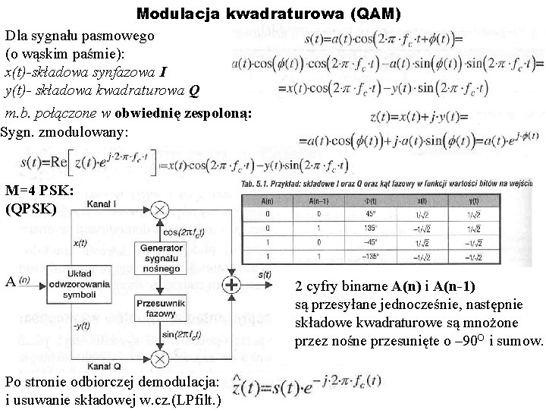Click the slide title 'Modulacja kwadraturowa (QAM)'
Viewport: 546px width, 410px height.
pos(269,14)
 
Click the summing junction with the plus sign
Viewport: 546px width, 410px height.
pos(253,285)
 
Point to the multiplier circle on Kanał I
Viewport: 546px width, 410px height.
pos(159,210)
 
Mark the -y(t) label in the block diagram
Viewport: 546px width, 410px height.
pos(81,326)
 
